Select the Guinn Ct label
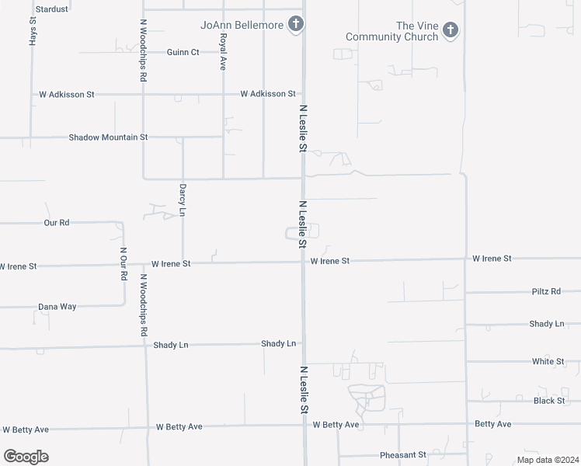[x=183, y=52]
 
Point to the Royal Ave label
[x=223, y=52]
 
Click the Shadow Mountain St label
[x=108, y=137]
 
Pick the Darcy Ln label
[x=183, y=200]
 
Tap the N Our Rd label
[x=123, y=265]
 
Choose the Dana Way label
[x=57, y=307]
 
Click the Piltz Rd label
[x=546, y=291]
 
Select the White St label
[x=548, y=361]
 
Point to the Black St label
[x=549, y=401]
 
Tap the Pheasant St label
[x=403, y=454]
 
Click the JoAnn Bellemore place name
[x=242, y=25]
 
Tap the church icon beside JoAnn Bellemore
[x=295, y=25]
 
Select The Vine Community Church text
[x=392, y=31]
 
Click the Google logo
[x=26, y=457]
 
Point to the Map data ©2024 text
[x=546, y=460]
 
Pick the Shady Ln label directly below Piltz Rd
[x=547, y=323]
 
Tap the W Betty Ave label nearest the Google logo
[x=26, y=429]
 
